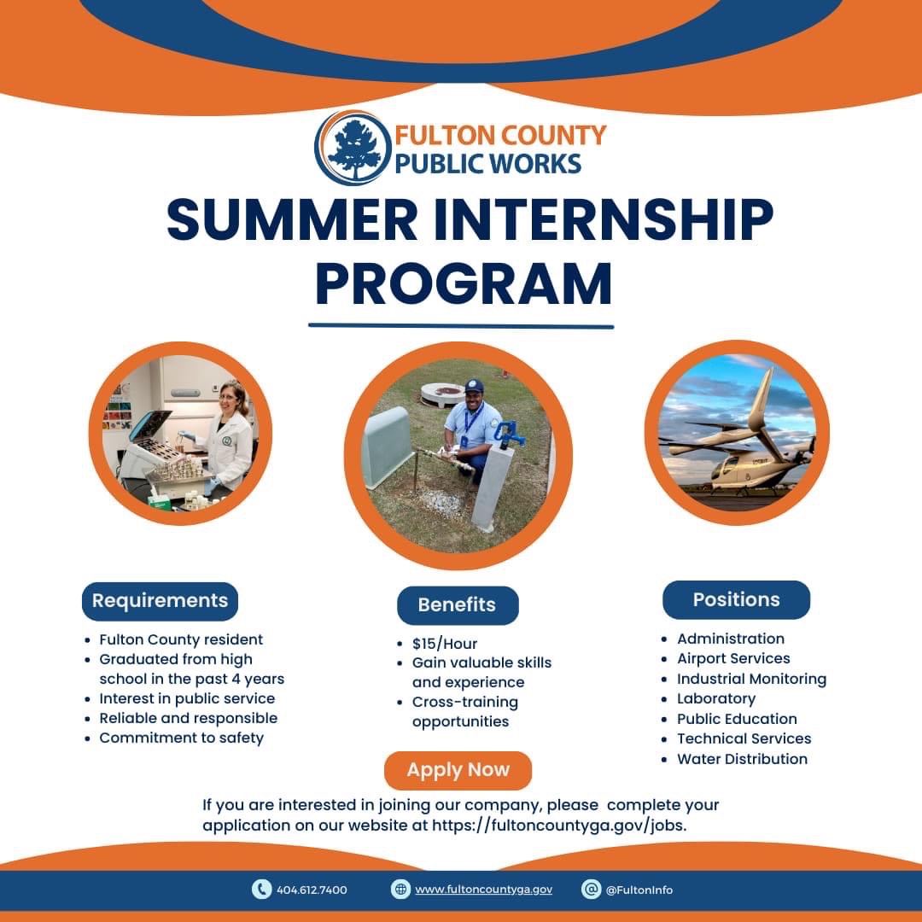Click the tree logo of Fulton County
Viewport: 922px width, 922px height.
353,148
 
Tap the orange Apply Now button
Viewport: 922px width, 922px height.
458,770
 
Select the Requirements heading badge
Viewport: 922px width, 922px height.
160,601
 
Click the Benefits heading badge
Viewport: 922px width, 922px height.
458,605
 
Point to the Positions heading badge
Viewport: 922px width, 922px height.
736,600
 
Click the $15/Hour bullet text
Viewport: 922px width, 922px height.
445,644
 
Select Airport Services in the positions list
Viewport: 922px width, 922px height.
733,658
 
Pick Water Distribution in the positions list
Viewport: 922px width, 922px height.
742,759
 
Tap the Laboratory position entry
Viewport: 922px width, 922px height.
716,698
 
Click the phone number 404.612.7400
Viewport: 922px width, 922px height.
312,890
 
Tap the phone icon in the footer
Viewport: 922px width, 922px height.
261,889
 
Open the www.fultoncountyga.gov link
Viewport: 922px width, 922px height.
483,890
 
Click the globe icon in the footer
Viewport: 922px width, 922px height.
400,889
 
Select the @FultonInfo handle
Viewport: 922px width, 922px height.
639,890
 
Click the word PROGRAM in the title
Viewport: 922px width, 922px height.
464,284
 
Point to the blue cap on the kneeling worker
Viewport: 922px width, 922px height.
473,386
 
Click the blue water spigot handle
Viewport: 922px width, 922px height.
506,434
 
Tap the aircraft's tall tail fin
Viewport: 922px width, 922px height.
762,400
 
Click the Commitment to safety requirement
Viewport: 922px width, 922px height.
181,738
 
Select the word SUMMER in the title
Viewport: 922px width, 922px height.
292,220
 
